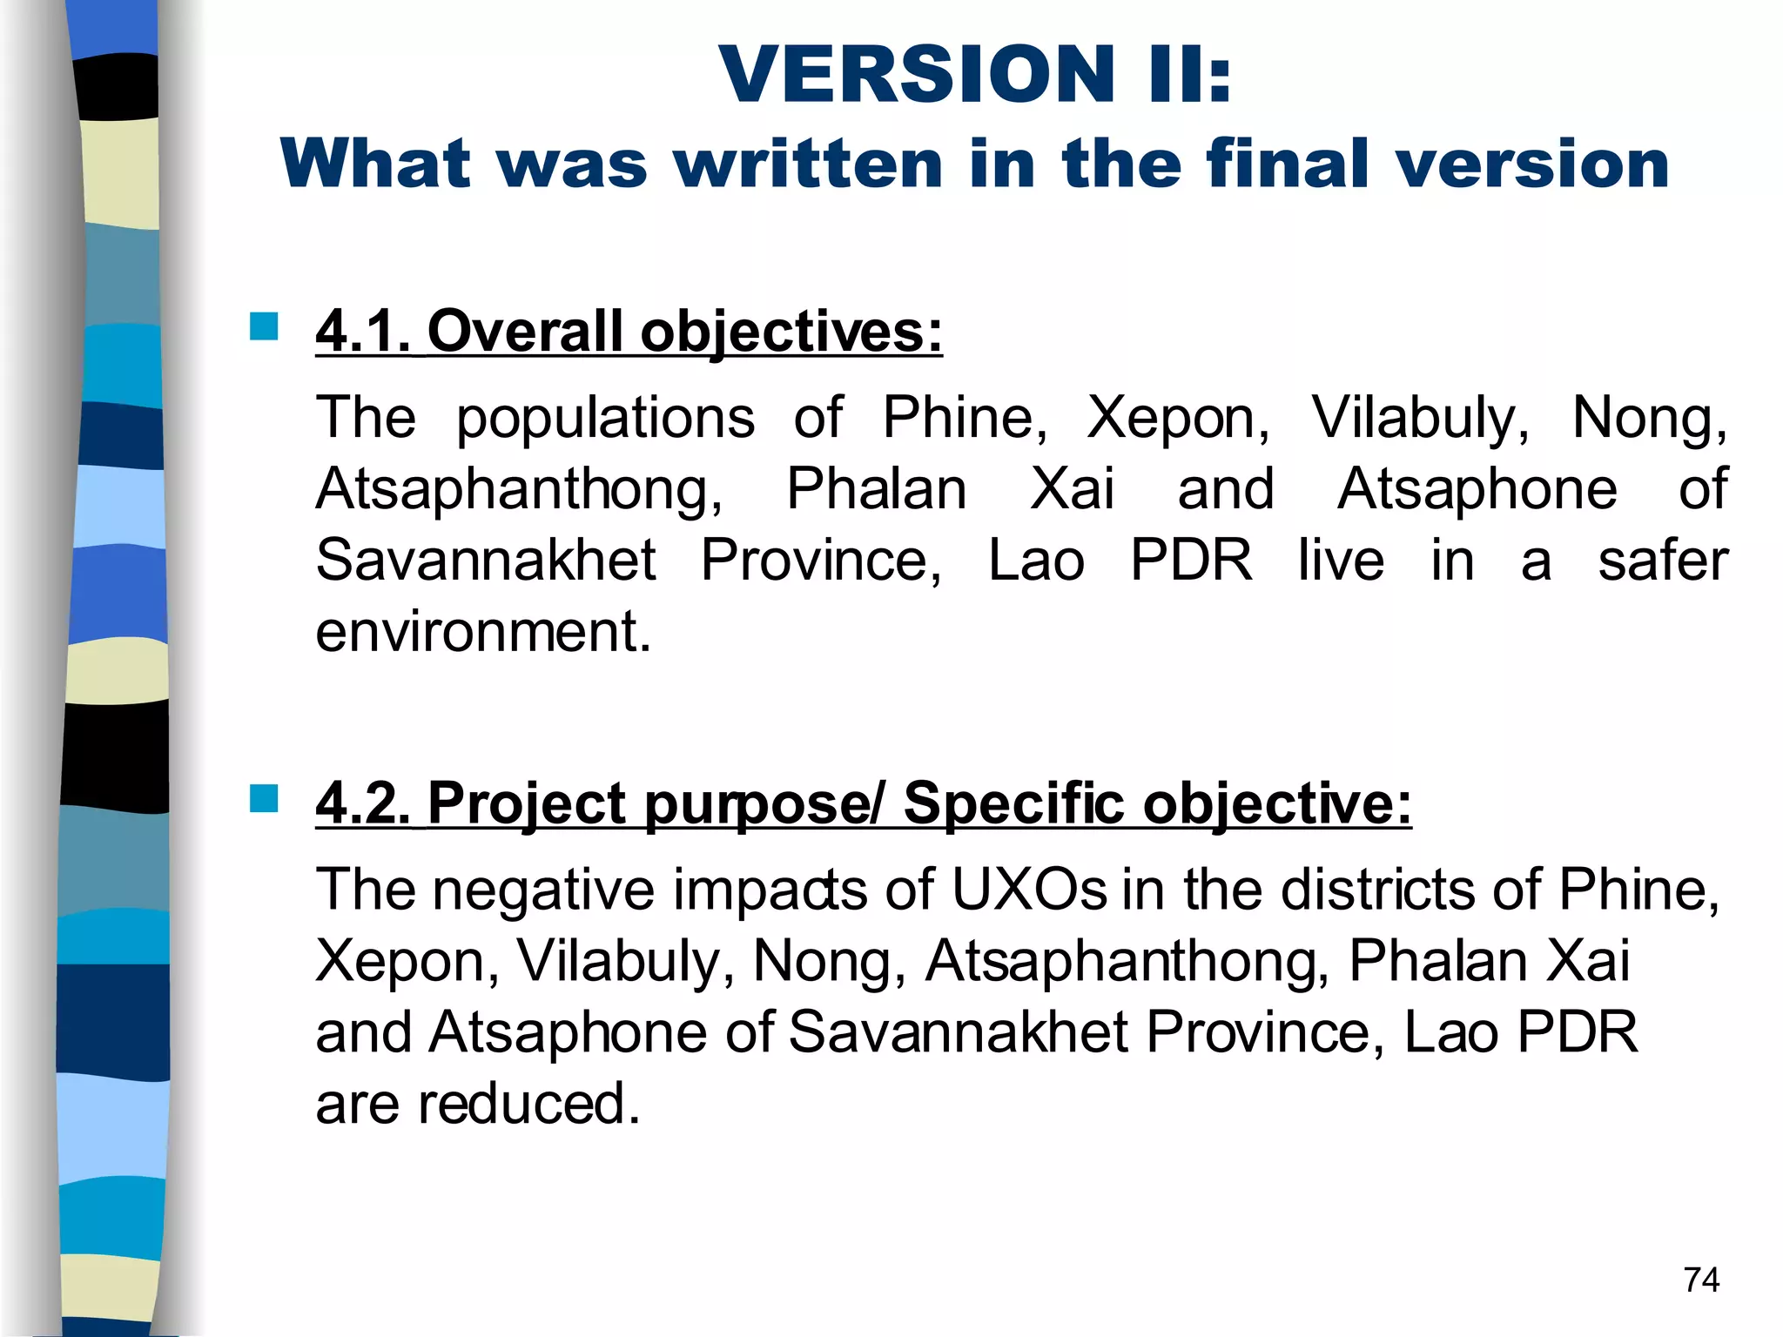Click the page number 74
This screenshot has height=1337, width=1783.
(x=1701, y=1280)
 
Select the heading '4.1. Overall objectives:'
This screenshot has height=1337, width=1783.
(x=629, y=332)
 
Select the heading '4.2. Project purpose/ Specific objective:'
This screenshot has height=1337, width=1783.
(x=863, y=803)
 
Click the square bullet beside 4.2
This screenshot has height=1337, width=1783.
(x=263, y=797)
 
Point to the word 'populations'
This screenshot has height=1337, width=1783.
(x=605, y=418)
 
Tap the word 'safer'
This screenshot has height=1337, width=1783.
(x=1663, y=560)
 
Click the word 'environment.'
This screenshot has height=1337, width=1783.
(x=483, y=631)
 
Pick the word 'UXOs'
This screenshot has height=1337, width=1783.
(x=1028, y=890)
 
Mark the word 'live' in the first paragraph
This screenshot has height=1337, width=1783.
(x=1341, y=560)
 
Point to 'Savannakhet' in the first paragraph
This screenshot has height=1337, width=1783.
(x=486, y=560)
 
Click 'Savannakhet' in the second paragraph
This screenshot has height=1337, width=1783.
(x=958, y=1032)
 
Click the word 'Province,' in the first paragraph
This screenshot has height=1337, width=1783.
(x=821, y=560)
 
